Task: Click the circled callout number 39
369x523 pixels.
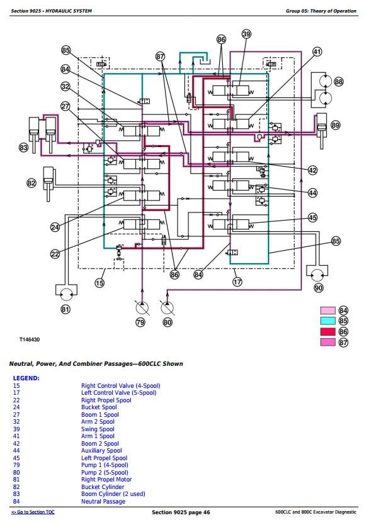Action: (246, 34)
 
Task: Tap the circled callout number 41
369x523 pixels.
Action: (317, 52)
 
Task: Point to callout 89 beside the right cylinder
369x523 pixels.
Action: (336, 125)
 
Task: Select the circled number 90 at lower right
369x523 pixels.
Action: (319, 287)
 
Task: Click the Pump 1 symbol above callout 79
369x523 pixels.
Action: (142, 308)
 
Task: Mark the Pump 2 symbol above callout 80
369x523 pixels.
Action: (167, 308)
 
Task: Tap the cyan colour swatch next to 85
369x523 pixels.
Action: (327, 321)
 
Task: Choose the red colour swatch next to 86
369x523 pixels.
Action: (327, 331)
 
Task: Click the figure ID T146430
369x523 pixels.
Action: (30, 339)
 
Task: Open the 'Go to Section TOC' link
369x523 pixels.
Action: (33, 512)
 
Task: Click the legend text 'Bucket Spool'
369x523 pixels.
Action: (99, 407)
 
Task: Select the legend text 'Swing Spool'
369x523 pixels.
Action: (98, 429)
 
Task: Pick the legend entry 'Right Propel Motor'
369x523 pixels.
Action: (106, 479)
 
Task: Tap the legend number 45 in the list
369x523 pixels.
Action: (16, 458)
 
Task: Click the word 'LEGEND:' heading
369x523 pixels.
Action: (26, 378)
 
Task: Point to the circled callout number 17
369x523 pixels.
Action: (237, 282)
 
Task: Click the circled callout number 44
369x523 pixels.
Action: (312, 193)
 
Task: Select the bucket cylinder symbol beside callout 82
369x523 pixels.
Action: (48, 184)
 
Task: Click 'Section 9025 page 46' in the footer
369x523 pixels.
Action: (181, 512)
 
